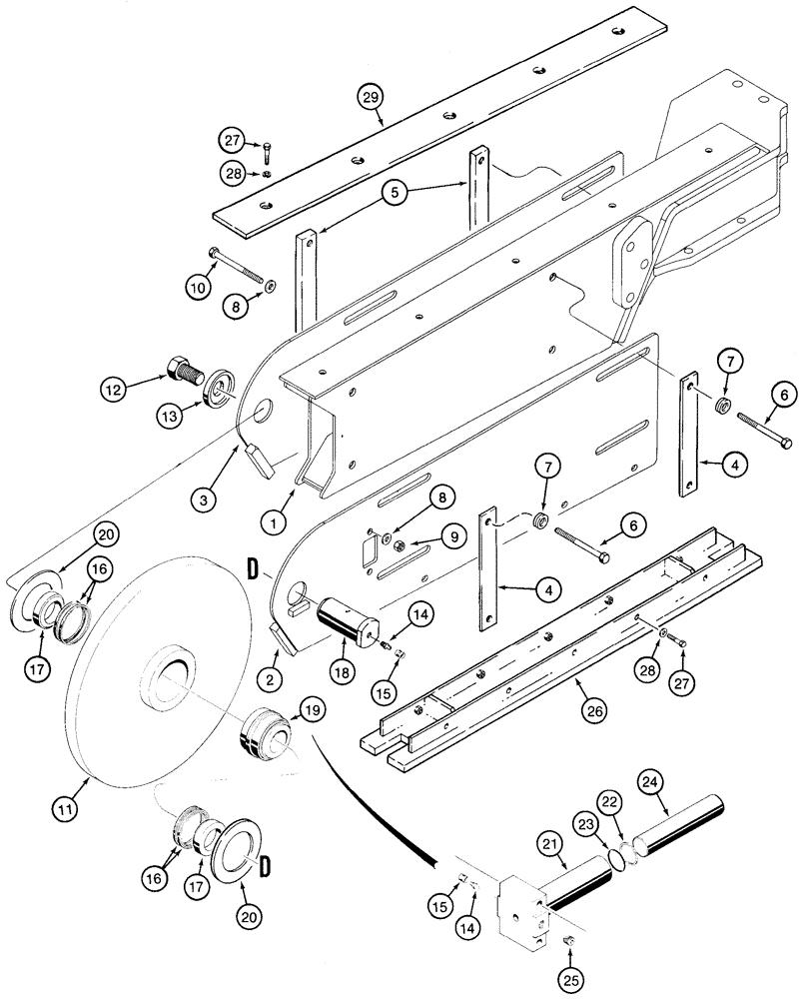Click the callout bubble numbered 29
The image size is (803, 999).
point(372,97)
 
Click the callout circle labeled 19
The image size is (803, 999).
point(310,711)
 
